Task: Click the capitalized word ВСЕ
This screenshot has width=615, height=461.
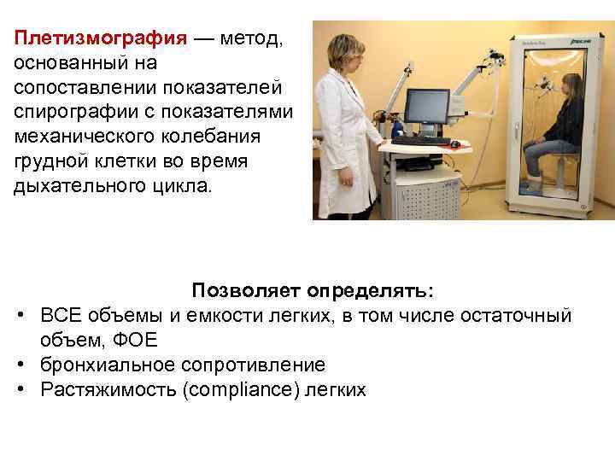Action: [x=60, y=316]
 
